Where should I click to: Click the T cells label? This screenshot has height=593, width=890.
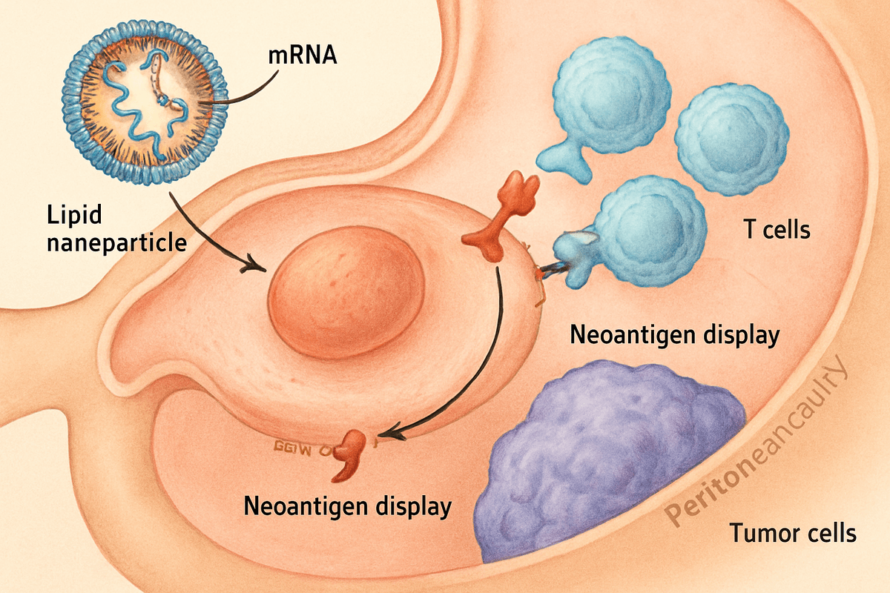(x=777, y=229)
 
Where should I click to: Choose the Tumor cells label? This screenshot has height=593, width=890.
(x=793, y=532)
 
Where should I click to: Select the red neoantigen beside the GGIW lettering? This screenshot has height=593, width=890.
(x=349, y=454)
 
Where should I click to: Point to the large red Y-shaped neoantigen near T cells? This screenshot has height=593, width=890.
(x=504, y=215)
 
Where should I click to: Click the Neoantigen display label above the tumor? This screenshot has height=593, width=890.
(x=674, y=335)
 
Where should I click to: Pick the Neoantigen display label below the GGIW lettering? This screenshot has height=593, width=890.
(x=348, y=507)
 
